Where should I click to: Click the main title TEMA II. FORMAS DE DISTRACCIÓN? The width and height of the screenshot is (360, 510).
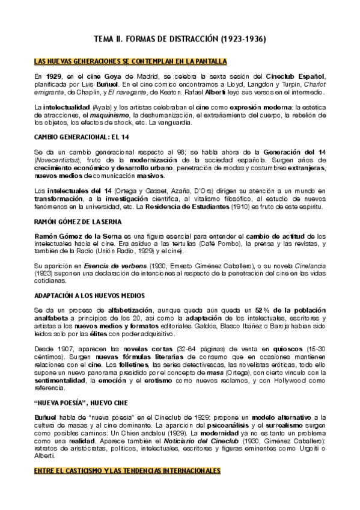(x=180, y=39)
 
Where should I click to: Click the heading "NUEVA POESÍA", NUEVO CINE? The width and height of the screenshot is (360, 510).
(x=86, y=403)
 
